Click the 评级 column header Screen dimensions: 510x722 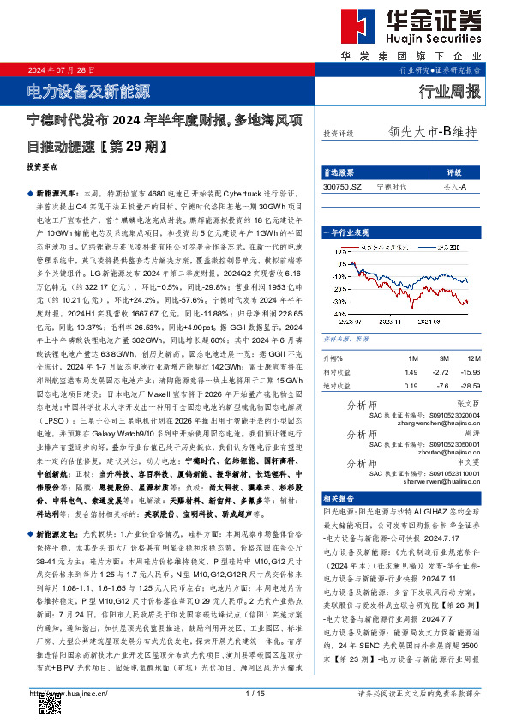[454, 171]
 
